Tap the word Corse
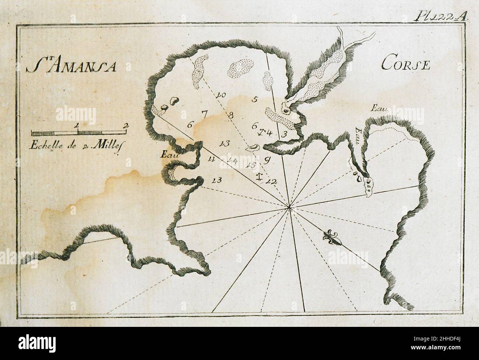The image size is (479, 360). [x=411, y=65]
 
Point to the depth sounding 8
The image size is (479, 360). [x=231, y=115]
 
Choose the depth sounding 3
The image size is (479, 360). [x=284, y=134]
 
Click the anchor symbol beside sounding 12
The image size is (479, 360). [x=260, y=176]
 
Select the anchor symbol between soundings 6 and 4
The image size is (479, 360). [x=261, y=132]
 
